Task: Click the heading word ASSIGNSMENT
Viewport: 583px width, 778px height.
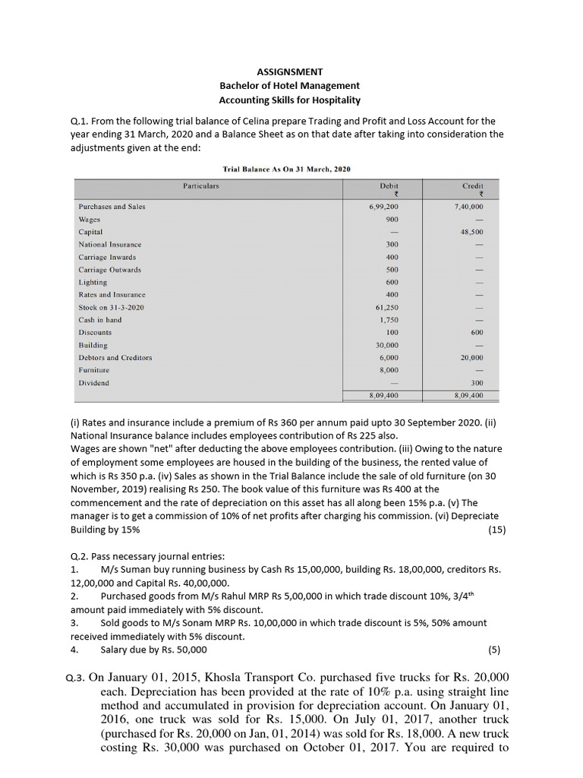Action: [289, 72]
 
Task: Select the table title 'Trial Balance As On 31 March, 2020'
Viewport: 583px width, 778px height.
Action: [286, 168]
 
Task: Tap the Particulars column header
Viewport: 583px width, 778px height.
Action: [201, 185]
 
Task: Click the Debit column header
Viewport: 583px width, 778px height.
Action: [389, 185]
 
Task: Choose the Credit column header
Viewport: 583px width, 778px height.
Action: [473, 185]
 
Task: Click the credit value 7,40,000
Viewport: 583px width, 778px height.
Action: [468, 206]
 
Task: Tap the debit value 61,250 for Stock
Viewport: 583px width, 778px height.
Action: [386, 307]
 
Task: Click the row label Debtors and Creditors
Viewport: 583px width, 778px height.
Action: [115, 357]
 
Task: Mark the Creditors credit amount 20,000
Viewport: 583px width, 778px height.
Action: [471, 357]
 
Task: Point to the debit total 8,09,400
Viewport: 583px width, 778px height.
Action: [384, 396]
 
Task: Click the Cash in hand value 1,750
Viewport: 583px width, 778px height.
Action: [389, 320]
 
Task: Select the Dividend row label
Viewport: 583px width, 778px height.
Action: [93, 383]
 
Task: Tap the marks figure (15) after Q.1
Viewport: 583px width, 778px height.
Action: [494, 529]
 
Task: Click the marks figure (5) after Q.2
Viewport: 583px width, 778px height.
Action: [496, 650]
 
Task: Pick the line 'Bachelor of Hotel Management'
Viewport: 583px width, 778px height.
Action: [289, 86]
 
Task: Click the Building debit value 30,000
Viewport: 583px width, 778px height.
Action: [386, 345]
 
